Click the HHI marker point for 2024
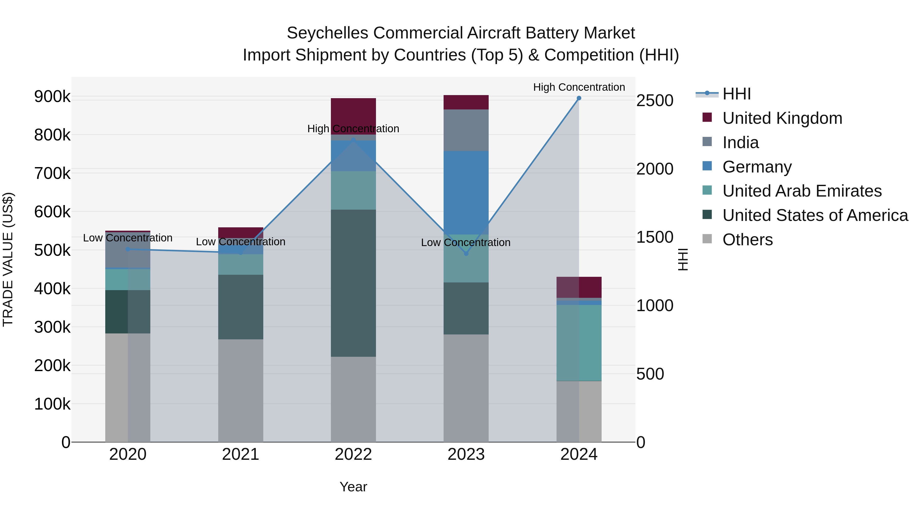click(579, 98)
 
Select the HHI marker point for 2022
click(353, 140)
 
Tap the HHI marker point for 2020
click(128, 249)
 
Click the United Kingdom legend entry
click(782, 118)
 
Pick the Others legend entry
click(747, 240)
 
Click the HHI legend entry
click(736, 94)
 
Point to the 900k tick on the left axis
click(52, 97)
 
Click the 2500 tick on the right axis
click(655, 101)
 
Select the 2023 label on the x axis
click(466, 454)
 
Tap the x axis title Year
click(353, 487)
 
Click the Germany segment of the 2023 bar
click(466, 192)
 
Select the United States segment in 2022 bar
click(353, 283)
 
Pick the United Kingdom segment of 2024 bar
click(579, 287)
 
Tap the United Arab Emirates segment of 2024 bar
click(579, 343)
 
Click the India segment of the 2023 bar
click(466, 130)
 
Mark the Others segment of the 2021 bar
click(240, 390)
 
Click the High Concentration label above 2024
click(579, 87)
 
